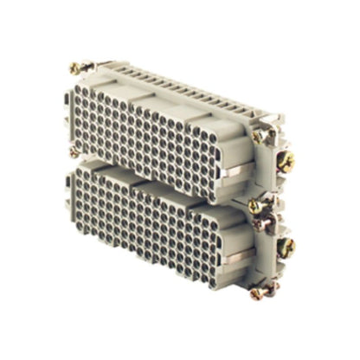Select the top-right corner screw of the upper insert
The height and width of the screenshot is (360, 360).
tap(257, 136)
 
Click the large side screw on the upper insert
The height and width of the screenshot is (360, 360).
tap(286, 161)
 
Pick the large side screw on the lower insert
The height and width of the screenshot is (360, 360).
tap(287, 247)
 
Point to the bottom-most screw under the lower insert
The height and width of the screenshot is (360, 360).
tap(256, 293)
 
